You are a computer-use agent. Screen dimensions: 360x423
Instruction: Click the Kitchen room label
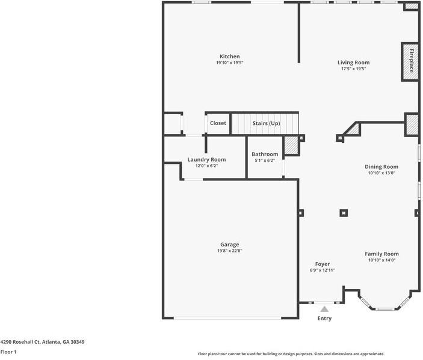coord(229,56)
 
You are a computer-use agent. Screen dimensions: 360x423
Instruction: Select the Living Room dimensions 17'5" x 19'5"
coord(353,69)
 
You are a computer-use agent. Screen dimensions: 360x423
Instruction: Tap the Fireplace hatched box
coord(410,61)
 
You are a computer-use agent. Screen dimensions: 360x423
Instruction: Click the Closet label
coord(218,123)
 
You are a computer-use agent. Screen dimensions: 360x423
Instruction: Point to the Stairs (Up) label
coord(266,123)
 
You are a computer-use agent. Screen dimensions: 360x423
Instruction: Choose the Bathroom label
coord(265,154)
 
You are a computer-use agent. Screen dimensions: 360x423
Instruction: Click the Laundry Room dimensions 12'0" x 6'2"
coord(206,165)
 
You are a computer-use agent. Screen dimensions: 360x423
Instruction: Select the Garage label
coord(229,245)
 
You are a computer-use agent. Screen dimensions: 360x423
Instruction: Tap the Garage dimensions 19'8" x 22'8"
coord(229,251)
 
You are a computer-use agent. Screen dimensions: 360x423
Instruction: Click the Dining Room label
coord(381,166)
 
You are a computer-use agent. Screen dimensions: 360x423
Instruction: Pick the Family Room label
coord(381,254)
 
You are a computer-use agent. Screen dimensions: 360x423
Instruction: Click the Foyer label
coord(322,264)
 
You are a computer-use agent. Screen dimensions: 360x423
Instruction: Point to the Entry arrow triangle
coord(324,309)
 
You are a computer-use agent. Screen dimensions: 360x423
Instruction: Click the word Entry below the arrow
coord(324,319)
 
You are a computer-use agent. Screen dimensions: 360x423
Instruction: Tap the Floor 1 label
coord(8,352)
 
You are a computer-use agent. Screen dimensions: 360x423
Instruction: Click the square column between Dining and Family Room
coord(344,212)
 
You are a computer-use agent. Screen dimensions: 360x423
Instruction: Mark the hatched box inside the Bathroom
coord(291,146)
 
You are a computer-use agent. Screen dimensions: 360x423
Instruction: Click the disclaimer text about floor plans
coord(291,354)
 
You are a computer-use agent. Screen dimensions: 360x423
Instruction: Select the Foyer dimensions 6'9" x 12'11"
coord(322,270)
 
